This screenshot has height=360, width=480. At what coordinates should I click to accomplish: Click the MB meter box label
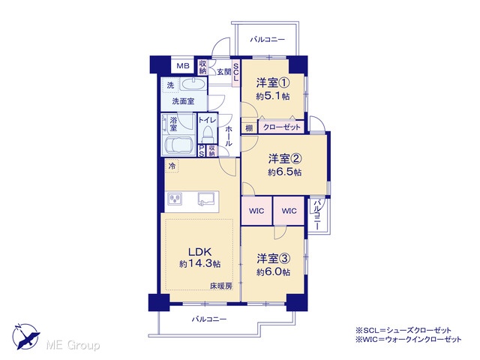183,65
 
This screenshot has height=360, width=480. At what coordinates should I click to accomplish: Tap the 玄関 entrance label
224,72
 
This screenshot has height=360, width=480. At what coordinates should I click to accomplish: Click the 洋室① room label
273,83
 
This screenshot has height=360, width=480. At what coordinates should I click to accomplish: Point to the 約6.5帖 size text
285,172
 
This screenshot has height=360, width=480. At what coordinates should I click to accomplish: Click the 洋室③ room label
273,259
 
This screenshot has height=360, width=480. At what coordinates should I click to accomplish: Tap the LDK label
199,252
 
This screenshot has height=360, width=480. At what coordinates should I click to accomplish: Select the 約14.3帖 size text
200,264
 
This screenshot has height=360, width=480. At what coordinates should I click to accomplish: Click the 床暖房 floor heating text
220,286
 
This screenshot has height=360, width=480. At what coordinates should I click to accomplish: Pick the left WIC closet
256,211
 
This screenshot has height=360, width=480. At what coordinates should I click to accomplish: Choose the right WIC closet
289,211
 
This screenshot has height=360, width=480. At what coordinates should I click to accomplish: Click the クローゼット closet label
282,127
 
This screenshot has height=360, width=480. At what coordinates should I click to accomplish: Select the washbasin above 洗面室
193,84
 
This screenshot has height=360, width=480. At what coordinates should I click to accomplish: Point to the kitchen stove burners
175,199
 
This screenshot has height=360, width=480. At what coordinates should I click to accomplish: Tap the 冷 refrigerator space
172,166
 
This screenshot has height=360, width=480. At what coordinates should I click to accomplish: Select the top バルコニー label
267,40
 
